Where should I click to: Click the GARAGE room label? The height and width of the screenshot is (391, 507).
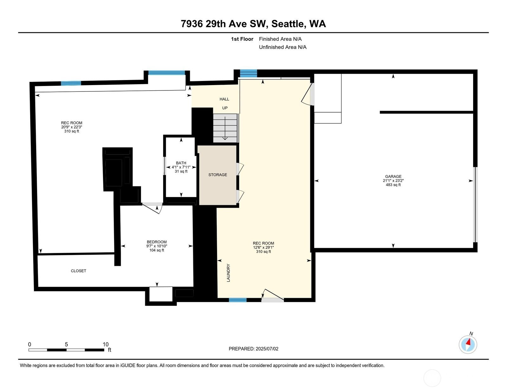click(x=393, y=177)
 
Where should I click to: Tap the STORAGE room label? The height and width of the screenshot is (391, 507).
click(x=218, y=175)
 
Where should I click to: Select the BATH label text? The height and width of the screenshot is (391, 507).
click(x=181, y=163)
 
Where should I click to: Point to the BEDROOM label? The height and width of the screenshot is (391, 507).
click(x=157, y=242)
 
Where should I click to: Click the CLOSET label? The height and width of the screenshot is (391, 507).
click(x=79, y=271)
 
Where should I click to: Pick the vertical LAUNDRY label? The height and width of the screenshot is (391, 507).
click(x=228, y=273)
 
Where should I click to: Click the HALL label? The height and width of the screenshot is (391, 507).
click(x=224, y=99)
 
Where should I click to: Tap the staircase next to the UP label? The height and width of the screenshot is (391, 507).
click(x=225, y=128)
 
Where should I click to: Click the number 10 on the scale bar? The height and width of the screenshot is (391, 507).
click(x=106, y=344)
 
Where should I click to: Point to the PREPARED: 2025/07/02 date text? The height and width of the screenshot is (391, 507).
click(x=253, y=349)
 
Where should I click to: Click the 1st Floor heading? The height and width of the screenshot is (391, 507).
click(x=242, y=39)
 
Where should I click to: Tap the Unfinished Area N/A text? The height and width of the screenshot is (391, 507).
click(x=283, y=47)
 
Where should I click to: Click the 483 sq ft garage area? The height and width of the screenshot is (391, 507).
click(x=393, y=185)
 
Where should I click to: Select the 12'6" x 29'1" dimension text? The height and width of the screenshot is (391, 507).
click(x=263, y=247)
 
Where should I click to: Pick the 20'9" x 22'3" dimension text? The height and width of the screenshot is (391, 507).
click(x=72, y=127)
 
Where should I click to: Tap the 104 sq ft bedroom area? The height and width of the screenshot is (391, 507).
click(x=157, y=250)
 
